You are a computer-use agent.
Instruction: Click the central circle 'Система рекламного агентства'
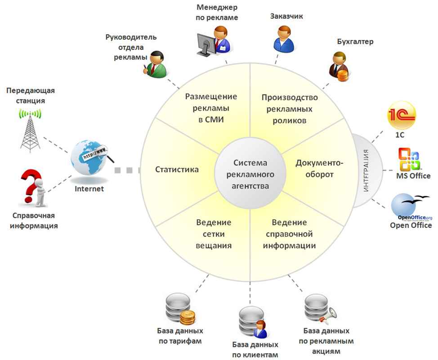coord(250,174)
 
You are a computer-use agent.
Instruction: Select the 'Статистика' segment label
coord(177,169)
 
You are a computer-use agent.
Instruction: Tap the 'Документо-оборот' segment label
coord(319,169)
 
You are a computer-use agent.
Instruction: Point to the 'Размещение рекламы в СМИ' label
coord(211,108)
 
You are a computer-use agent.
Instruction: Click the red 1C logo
coord(402,116)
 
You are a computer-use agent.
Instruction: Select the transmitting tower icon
coord(30,131)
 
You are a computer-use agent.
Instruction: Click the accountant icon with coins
coord(339,67)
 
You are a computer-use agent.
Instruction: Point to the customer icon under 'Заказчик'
coord(283,39)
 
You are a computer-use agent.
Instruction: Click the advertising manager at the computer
coord(214,41)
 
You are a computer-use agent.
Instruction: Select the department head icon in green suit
coord(155,64)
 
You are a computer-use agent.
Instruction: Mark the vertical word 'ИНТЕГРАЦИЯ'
coord(366,171)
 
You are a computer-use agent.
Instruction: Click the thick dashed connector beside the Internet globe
coord(127,170)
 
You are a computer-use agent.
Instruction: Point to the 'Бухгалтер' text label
coord(355,42)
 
